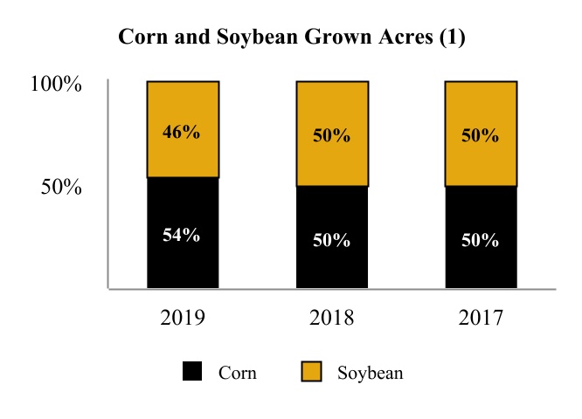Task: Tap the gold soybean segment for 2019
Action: pyautogui.click(x=183, y=109)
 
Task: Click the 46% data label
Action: pyautogui.click(x=183, y=133)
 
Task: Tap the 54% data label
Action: pyautogui.click(x=183, y=234)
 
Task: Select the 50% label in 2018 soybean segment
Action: pyautogui.click(x=331, y=136)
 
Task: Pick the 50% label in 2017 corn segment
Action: pyautogui.click(x=481, y=240)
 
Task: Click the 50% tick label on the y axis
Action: pyautogui.click(x=62, y=187)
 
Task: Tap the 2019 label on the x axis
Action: pyautogui.click(x=183, y=317)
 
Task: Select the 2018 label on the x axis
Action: pyautogui.click(x=331, y=317)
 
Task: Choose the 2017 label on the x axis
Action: pyautogui.click(x=481, y=317)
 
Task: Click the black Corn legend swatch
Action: pyautogui.click(x=193, y=373)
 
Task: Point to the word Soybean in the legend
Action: pyautogui.click(x=370, y=373)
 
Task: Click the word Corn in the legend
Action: pyautogui.click(x=238, y=373)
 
